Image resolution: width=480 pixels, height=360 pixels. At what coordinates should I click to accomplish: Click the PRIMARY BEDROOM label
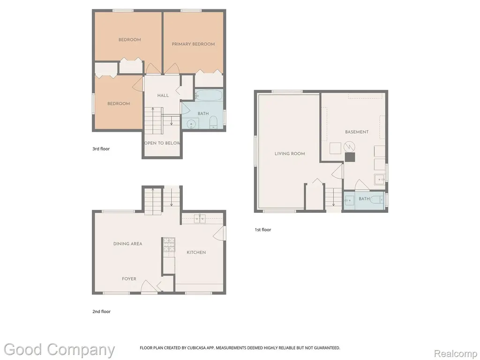[193, 44]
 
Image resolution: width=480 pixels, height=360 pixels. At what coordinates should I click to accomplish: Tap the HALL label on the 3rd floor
[163, 96]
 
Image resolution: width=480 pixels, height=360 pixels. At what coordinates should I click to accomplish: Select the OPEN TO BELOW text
[162, 143]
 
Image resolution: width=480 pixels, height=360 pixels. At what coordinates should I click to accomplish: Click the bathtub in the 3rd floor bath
[209, 95]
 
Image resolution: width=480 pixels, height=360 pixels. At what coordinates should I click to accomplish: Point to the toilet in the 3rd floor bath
[213, 122]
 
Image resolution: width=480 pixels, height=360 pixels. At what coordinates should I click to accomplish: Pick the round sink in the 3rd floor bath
[192, 123]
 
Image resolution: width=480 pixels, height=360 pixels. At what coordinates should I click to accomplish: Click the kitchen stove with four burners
[169, 245]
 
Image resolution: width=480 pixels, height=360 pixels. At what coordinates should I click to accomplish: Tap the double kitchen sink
[200, 218]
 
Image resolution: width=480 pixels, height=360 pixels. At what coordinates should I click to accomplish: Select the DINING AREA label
[127, 244]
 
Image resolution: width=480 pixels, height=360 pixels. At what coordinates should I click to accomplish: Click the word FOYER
[129, 279]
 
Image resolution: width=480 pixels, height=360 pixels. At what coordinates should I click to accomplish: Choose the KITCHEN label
[196, 253]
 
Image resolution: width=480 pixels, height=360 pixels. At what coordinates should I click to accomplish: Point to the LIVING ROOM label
[290, 154]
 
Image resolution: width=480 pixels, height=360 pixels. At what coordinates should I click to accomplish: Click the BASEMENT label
[357, 132]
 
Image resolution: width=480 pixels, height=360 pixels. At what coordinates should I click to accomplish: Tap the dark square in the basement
[350, 157]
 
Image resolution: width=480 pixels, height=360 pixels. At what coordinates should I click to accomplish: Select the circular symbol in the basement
[349, 147]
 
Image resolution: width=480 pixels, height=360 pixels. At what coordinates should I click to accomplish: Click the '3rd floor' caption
[101, 149]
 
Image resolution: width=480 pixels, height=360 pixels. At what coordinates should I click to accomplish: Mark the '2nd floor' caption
[101, 312]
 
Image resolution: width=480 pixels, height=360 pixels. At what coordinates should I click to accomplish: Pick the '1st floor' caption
[263, 230]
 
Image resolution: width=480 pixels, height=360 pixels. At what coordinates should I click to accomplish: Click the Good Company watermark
[60, 350]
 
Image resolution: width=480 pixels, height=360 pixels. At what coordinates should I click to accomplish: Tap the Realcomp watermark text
[456, 354]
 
